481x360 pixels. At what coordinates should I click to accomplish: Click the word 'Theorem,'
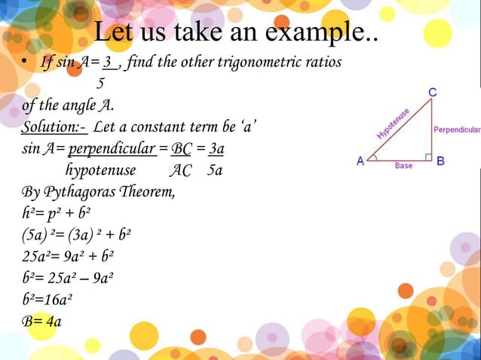click(151, 191)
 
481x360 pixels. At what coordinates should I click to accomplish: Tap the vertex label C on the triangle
click(433, 92)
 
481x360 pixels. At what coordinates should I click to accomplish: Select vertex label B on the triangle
click(440, 161)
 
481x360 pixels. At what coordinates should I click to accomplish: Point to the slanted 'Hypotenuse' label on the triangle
click(393, 124)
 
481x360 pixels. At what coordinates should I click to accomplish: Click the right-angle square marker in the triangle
click(427, 157)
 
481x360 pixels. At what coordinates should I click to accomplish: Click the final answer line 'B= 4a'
click(41, 322)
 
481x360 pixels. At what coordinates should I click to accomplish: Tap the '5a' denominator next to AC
click(215, 170)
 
